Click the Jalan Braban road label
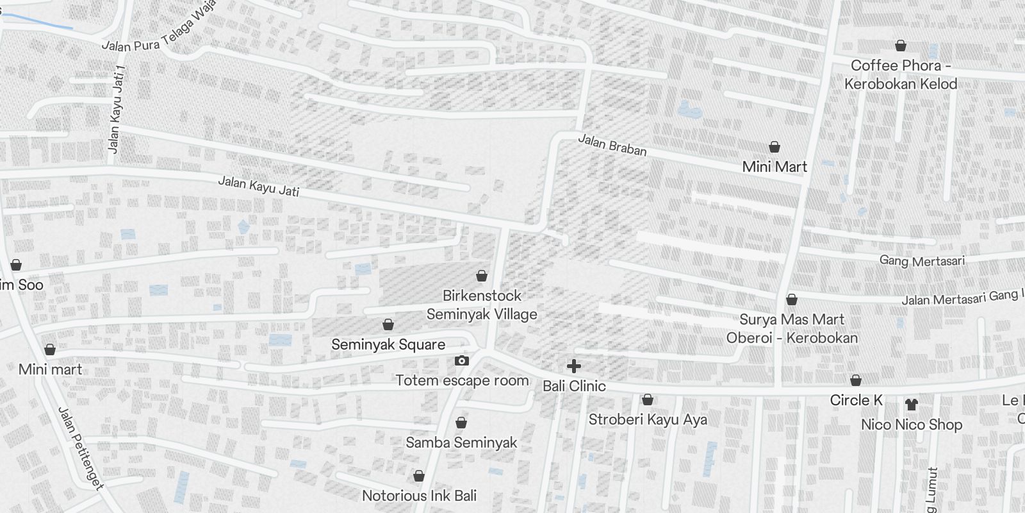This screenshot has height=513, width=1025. point(612,145)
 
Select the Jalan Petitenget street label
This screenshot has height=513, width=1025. point(81,448)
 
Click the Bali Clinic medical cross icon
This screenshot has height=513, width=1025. point(574,366)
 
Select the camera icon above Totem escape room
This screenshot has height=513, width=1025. point(461,361)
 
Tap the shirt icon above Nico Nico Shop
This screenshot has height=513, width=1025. point(911,405)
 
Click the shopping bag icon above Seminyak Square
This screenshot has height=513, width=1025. point(388,325)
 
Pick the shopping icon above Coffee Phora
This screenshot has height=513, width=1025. point(901,46)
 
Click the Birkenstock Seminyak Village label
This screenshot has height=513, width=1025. point(482,305)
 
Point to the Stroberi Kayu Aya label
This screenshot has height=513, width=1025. point(648,419)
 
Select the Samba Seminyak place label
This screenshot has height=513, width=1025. point(461,442)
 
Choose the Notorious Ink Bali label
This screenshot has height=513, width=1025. point(419,496)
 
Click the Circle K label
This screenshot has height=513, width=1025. point(856,400)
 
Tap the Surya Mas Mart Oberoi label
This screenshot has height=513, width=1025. point(792,328)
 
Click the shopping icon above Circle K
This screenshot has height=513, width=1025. point(855,380)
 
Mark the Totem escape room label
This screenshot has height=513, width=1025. point(462,380)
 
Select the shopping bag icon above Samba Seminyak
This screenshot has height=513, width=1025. point(461,423)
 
